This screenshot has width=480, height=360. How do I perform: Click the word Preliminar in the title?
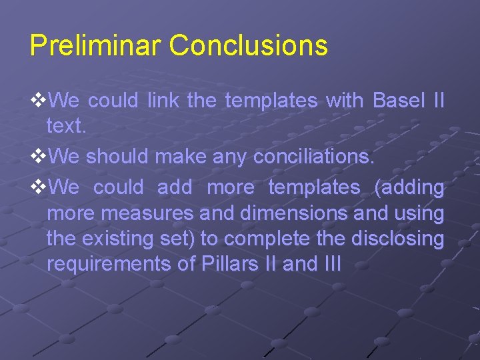coord(95,46)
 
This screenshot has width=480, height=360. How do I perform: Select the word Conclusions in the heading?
coord(248,46)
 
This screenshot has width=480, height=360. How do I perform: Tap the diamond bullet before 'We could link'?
coord(39,101)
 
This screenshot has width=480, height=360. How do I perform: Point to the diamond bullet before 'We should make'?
coord(39,158)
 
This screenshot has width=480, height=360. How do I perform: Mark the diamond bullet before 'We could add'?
coord(39,188)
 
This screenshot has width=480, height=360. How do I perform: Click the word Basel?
coord(399,101)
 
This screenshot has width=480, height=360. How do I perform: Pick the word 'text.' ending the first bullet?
coord(67,127)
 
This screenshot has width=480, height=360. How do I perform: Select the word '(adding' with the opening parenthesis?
coord(409,188)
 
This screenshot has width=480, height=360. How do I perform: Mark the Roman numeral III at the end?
coord(331,264)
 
